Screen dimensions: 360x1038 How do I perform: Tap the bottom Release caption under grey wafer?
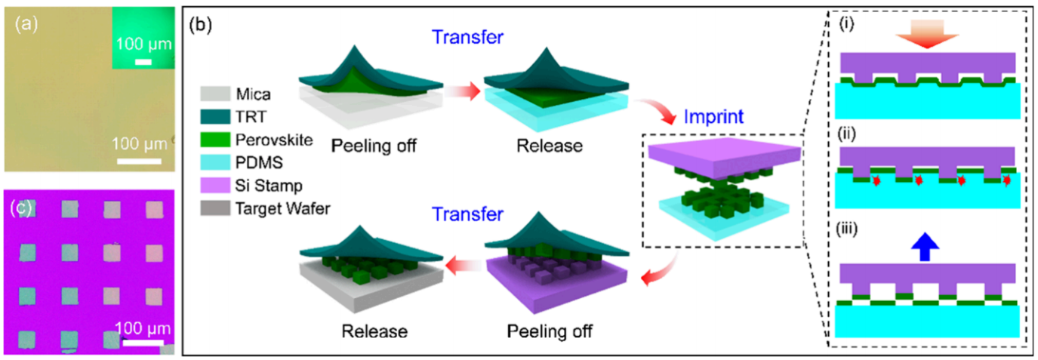(x=375, y=331)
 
